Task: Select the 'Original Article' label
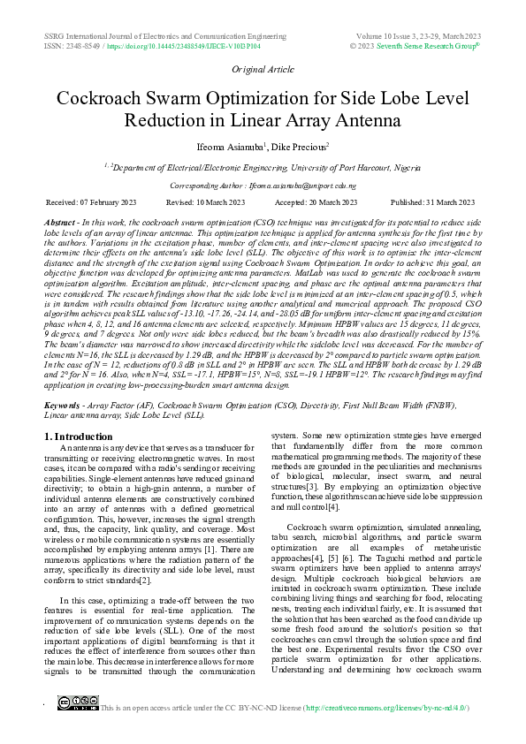tap(263, 68)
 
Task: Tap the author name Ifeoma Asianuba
tap(235, 146)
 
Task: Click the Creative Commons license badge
tap(77, 727)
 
